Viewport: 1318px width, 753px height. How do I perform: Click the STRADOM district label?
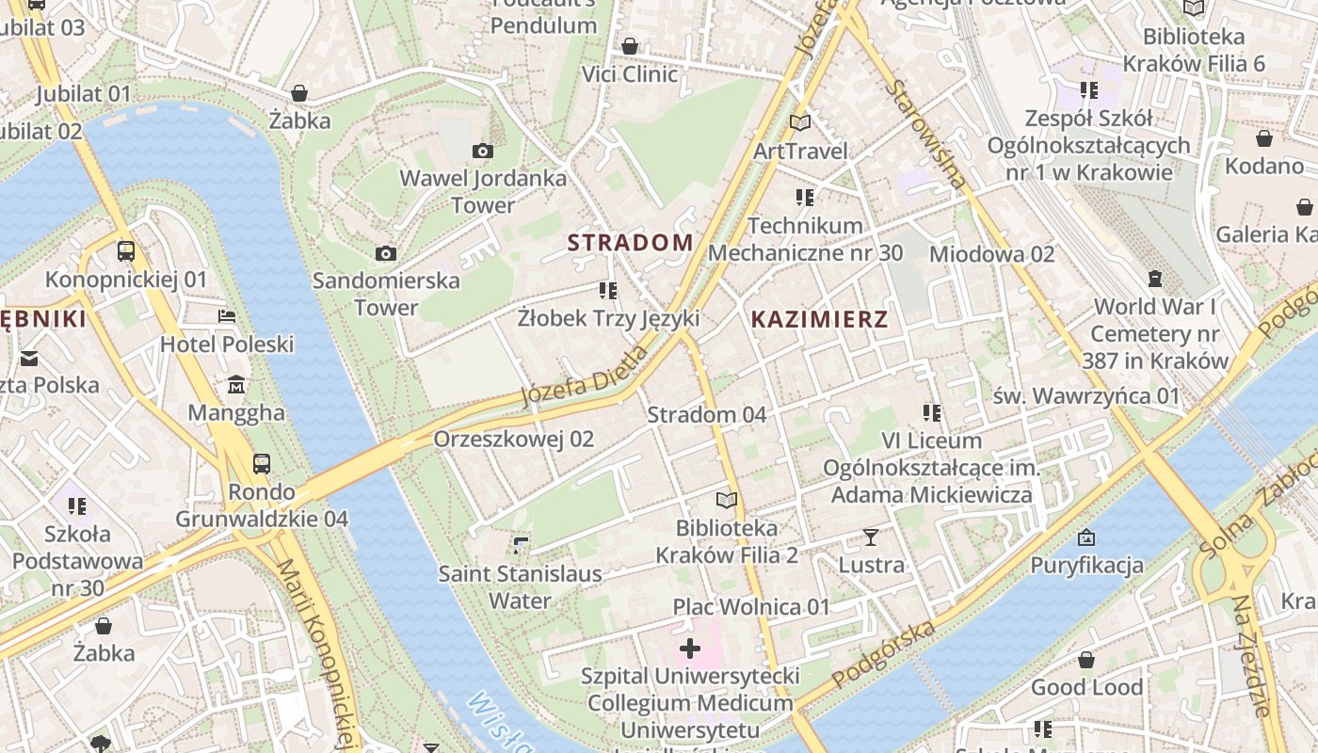[x=630, y=242]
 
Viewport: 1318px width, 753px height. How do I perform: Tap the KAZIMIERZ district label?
[x=819, y=319]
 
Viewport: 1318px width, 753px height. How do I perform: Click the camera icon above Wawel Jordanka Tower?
[x=482, y=151]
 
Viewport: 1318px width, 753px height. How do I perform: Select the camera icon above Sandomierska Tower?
[x=385, y=253]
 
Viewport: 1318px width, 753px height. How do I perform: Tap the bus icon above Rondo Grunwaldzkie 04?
[x=261, y=463]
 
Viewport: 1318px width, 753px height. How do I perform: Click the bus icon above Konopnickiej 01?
[x=125, y=251]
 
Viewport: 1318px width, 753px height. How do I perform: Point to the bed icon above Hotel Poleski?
[x=227, y=315]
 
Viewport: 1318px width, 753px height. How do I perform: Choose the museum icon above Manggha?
[x=235, y=384]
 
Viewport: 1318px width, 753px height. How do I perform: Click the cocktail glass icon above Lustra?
[x=871, y=537]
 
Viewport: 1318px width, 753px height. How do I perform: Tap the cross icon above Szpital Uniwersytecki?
[x=690, y=648]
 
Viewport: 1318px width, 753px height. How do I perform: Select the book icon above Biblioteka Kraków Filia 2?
[x=726, y=500]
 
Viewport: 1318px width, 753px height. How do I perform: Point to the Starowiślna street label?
[x=926, y=134]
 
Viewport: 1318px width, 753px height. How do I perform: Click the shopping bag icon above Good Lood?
[x=1086, y=660]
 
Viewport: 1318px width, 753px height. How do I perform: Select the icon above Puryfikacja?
[x=1086, y=537]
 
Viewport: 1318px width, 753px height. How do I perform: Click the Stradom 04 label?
[x=706, y=414]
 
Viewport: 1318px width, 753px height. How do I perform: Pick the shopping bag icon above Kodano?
[x=1263, y=138]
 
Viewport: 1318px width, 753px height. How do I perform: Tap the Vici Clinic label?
[x=630, y=73]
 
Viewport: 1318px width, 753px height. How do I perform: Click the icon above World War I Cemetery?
[x=1154, y=279]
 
